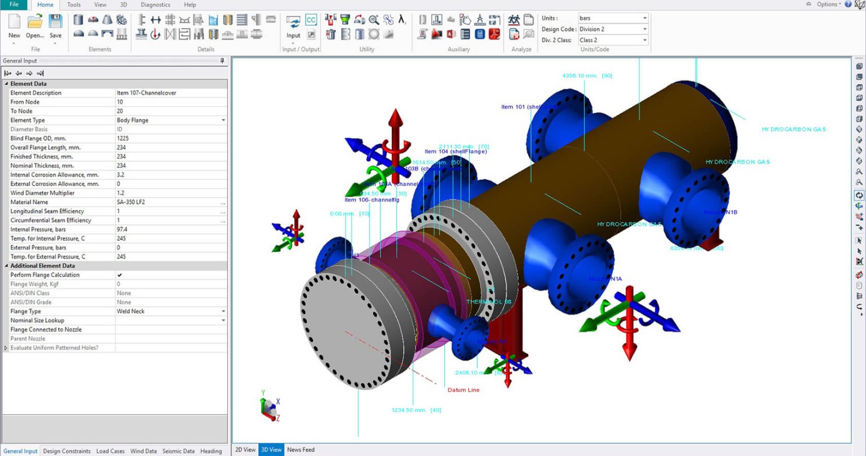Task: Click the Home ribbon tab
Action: [x=45, y=5]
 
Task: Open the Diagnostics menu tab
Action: [x=155, y=5]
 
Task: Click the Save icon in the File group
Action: [x=55, y=26]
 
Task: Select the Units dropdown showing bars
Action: [x=612, y=18]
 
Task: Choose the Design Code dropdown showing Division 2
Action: [x=612, y=29]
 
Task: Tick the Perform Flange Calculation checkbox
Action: [x=120, y=275]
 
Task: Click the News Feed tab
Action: [x=301, y=450]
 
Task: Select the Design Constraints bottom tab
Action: [x=67, y=451]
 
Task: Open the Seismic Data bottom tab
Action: [x=178, y=451]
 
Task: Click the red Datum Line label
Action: [x=463, y=390]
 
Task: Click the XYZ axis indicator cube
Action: [x=269, y=405]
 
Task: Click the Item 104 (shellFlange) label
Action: [x=456, y=152]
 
